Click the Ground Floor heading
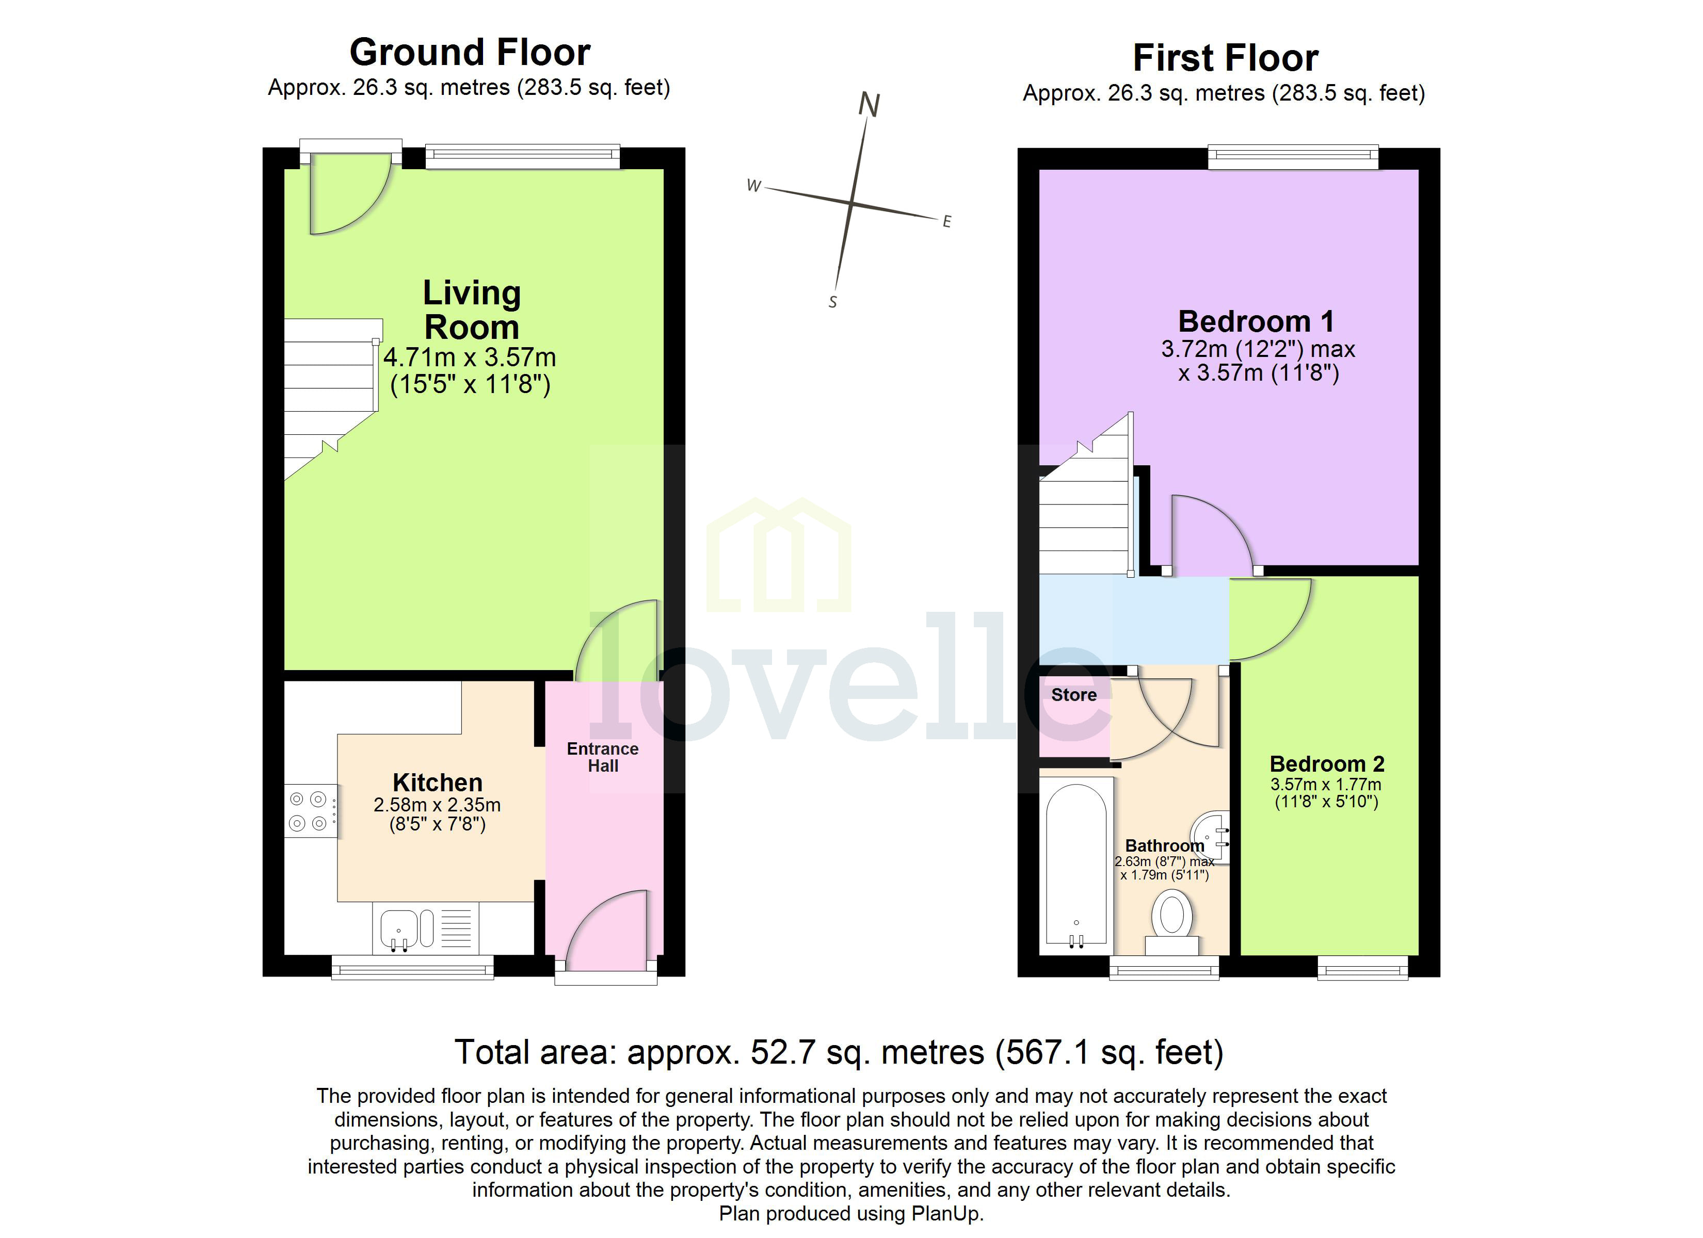pos(470,53)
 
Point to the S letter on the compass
pos(832,302)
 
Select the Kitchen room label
pos(437,783)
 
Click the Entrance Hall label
pos(602,757)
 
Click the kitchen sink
pos(398,929)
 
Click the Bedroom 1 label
pos(1256,321)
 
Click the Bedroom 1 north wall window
pos(1293,156)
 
